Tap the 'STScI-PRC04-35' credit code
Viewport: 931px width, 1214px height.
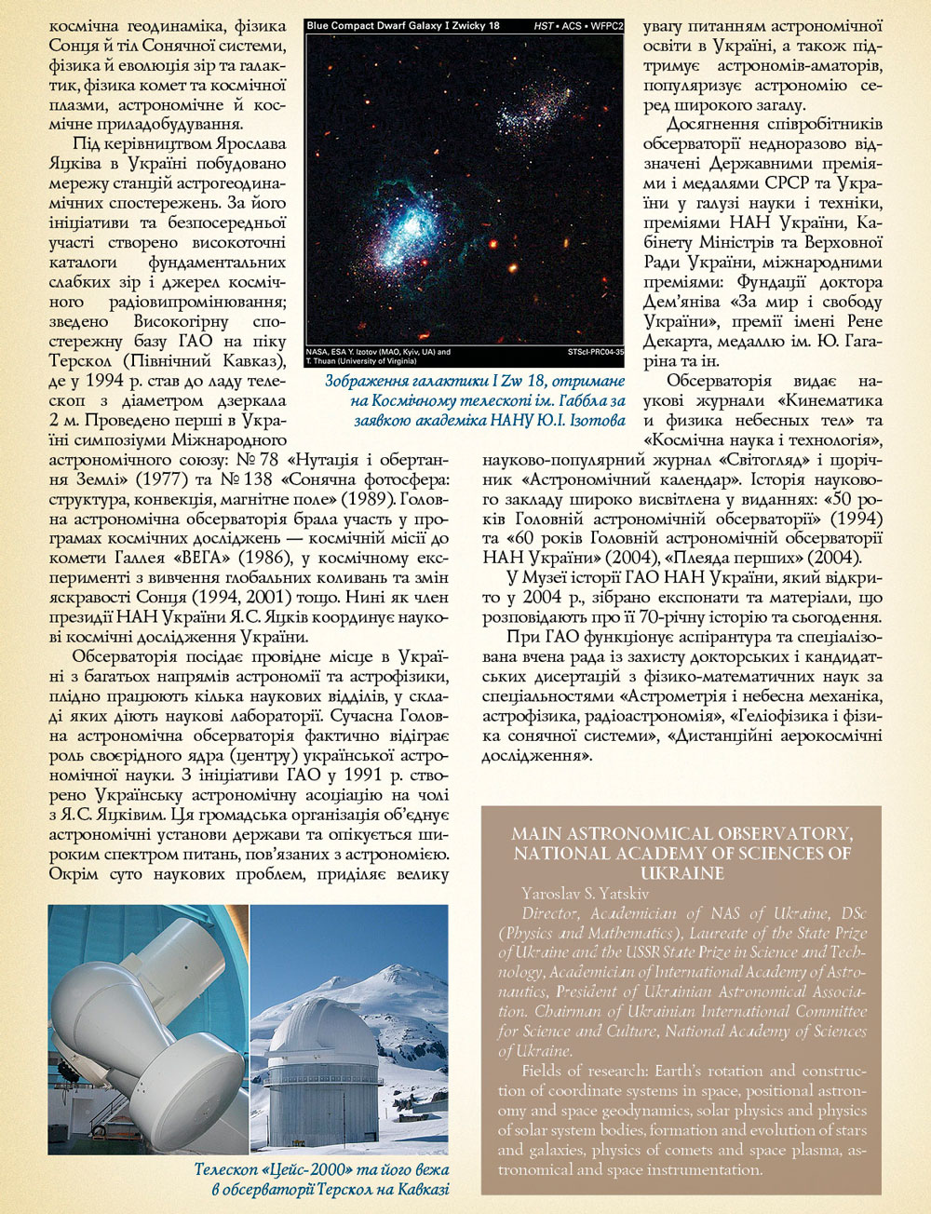pos(595,353)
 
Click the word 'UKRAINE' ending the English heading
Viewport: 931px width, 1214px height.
pos(681,873)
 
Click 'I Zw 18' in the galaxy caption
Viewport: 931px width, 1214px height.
pos(520,381)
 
